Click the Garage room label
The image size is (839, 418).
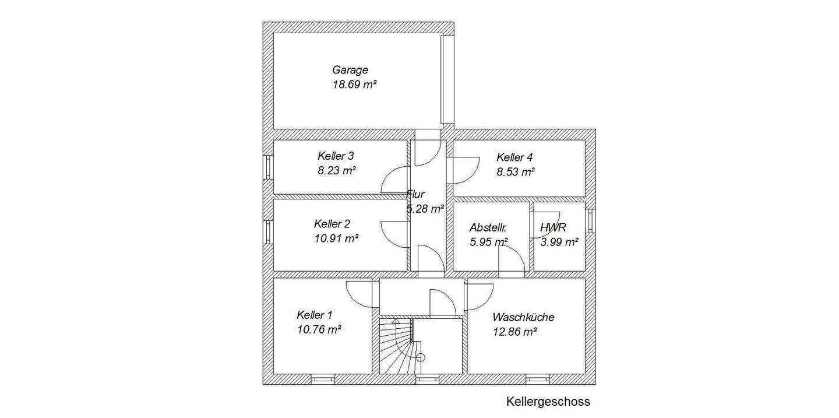(x=350, y=70)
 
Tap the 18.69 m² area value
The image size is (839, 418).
(x=353, y=85)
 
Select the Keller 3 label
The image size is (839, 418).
(x=336, y=156)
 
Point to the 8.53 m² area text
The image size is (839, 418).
(x=516, y=172)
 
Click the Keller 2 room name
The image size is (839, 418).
(x=332, y=224)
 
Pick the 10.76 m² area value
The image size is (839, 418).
(x=319, y=329)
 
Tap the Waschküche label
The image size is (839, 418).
(x=523, y=318)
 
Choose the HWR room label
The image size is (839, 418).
(x=553, y=228)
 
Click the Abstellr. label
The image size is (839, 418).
(x=488, y=228)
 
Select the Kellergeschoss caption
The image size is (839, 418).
(x=548, y=402)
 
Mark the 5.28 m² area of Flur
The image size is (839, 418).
(x=426, y=209)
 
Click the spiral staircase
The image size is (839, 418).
(x=396, y=347)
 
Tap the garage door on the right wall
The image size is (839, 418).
(x=447, y=80)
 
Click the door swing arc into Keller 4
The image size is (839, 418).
(x=467, y=170)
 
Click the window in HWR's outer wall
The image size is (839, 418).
(x=590, y=221)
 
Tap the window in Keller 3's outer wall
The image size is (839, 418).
(x=268, y=167)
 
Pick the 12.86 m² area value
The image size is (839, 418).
(x=514, y=332)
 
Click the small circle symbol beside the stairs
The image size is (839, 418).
(x=421, y=357)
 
